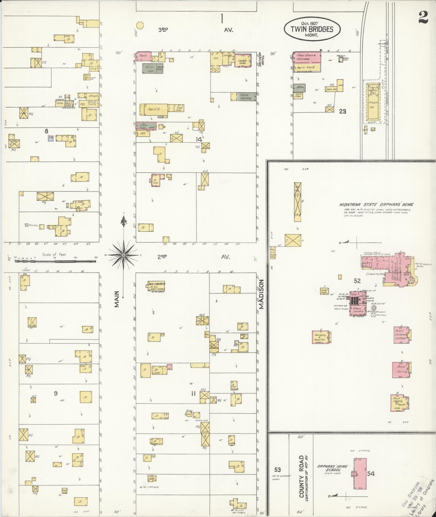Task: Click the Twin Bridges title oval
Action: pyautogui.click(x=312, y=29)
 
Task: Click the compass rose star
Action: pyautogui.click(x=124, y=255)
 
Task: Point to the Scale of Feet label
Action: pyautogui.click(x=54, y=254)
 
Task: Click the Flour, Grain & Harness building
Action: pyautogui.click(x=307, y=57)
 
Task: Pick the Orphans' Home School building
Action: pyautogui.click(x=360, y=473)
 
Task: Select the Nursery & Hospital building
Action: pyautogui.click(x=320, y=337)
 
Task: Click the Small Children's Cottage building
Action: pyautogui.click(x=401, y=335)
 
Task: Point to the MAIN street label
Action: pyautogui.click(x=117, y=299)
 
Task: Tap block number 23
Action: pyautogui.click(x=342, y=111)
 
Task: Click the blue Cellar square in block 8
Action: pyautogui.click(x=51, y=138)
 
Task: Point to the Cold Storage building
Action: pyautogui.click(x=324, y=291)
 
